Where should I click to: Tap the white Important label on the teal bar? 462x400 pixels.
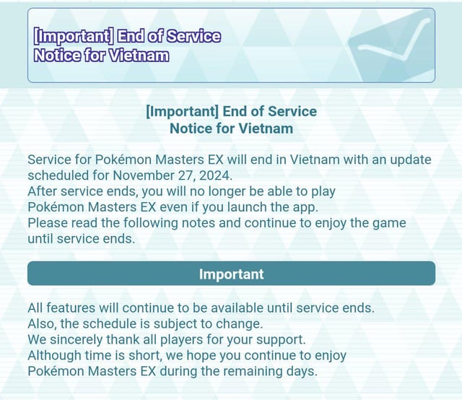(231, 274)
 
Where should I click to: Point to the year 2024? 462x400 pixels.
(216, 175)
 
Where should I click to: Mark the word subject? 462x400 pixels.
(175, 323)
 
